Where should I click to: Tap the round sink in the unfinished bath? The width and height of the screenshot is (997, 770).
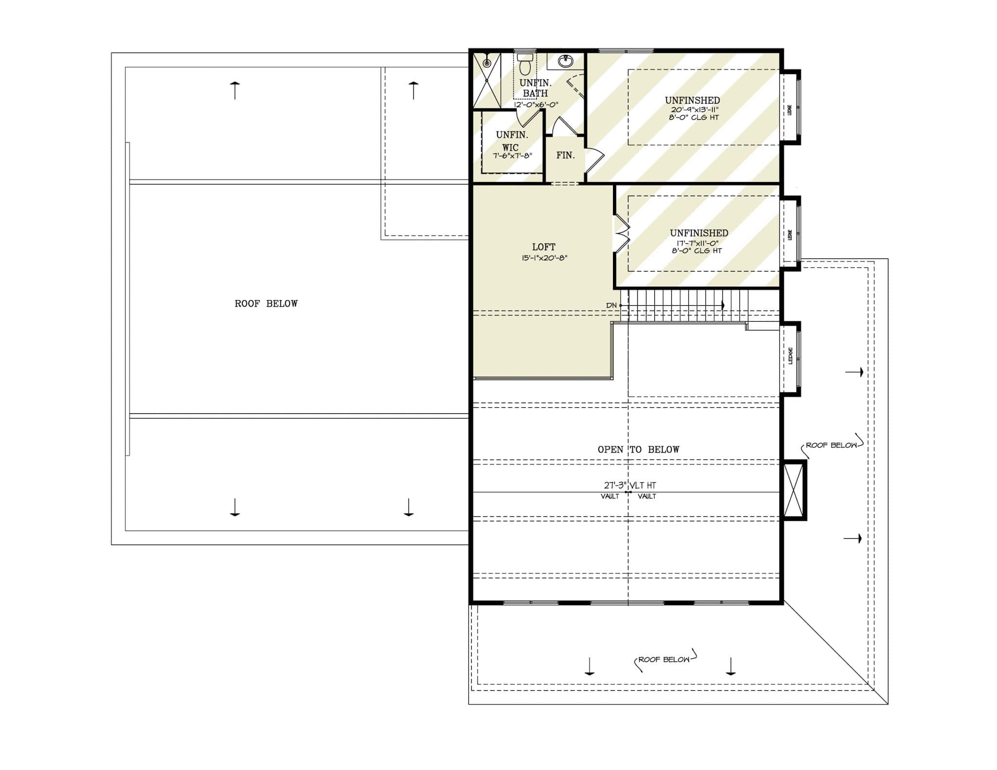click(565, 61)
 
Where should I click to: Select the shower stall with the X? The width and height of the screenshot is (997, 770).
click(487, 80)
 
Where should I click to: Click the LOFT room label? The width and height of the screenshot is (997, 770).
click(543, 247)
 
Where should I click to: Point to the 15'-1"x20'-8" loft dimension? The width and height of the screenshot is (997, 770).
click(543, 258)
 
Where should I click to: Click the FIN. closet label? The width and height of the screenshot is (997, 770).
click(565, 155)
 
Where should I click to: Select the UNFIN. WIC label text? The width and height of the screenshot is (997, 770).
click(511, 141)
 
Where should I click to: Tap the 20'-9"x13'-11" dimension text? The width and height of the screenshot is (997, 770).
click(695, 110)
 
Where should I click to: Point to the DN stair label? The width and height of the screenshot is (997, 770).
click(611, 305)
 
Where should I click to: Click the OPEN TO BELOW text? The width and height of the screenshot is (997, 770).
click(638, 449)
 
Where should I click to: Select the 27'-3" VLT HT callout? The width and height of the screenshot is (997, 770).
click(630, 485)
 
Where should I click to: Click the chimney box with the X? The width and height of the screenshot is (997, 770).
click(794, 490)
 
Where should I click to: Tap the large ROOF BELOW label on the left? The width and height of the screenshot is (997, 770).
click(266, 304)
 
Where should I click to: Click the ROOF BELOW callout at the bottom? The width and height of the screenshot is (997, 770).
click(664, 660)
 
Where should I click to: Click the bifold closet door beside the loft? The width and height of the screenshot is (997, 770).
click(621, 234)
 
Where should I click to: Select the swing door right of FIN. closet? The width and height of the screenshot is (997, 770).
click(594, 160)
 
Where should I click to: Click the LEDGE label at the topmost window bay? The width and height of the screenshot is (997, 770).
click(790, 110)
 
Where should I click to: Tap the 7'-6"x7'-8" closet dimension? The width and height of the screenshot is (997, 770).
click(512, 156)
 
